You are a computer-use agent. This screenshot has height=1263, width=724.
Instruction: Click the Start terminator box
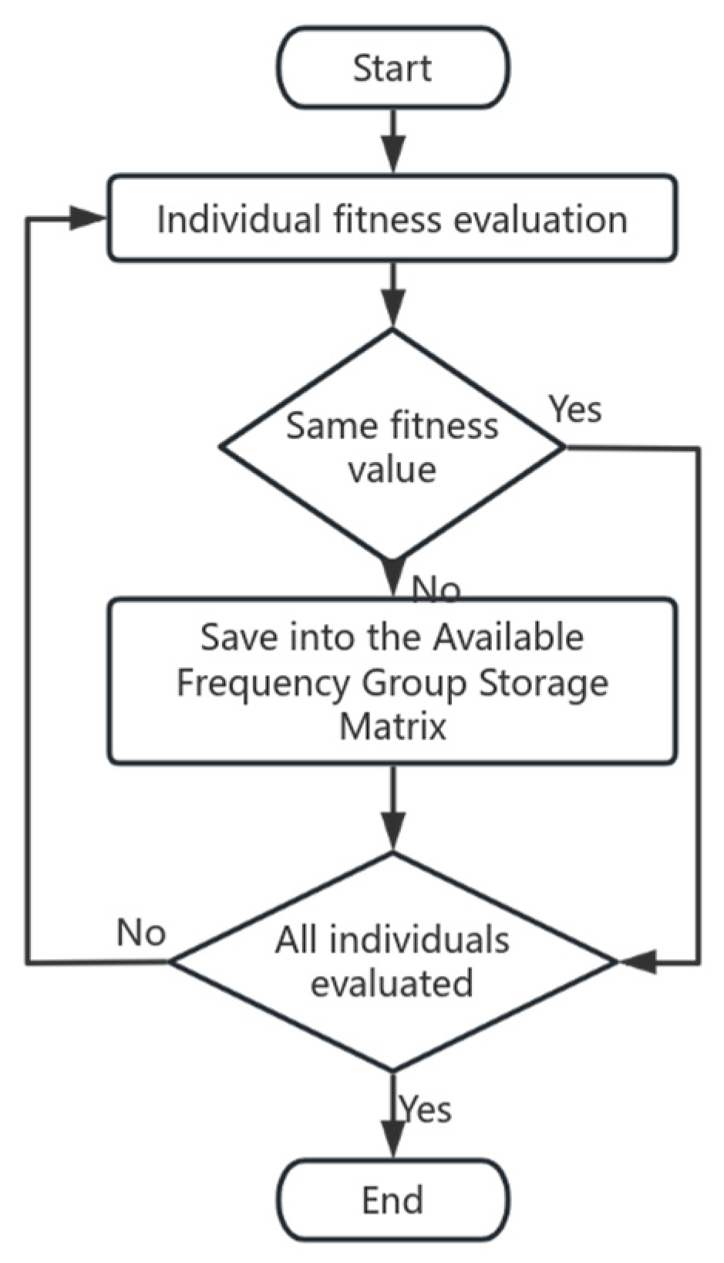tap(392, 68)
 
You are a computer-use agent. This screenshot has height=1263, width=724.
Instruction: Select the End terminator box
tap(392, 1200)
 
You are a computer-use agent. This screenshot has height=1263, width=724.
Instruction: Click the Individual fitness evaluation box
tap(392, 218)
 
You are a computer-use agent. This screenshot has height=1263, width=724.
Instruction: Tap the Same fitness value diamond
tap(392, 446)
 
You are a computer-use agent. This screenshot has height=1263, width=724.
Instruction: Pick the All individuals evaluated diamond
tap(392, 961)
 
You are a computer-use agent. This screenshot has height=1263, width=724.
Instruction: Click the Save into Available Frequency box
tap(392, 682)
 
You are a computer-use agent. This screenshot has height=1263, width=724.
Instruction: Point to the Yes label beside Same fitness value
tap(575, 409)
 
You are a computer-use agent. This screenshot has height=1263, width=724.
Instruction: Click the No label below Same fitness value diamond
tap(436, 589)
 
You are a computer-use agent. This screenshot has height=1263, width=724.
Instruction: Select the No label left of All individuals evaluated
tap(141, 932)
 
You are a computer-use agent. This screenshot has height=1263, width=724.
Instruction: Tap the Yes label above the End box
tap(426, 1109)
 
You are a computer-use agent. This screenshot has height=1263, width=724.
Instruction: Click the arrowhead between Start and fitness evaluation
tap(393, 158)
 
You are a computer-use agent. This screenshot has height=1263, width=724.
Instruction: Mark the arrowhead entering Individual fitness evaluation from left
tap(89, 218)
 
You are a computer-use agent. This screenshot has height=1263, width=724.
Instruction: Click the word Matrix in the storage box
tap(392, 727)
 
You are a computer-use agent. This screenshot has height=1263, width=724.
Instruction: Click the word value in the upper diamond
tap(392, 469)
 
